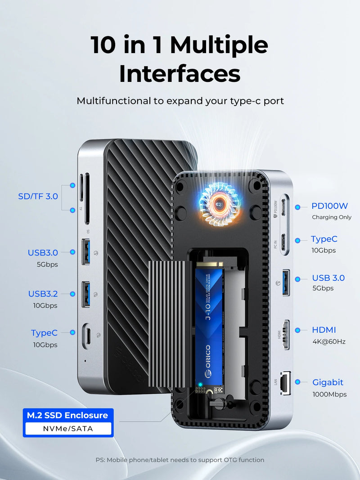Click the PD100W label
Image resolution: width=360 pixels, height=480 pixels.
(329, 206)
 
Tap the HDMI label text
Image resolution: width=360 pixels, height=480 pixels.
(324, 330)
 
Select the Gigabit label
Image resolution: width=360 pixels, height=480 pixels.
(328, 382)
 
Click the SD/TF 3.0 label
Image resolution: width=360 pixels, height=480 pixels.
(38, 196)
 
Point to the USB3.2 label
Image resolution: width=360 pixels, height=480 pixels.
(43, 294)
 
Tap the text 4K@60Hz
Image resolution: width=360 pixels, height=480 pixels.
(329, 341)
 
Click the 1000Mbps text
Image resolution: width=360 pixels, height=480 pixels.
(329, 394)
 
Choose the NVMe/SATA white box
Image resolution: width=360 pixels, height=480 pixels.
(68, 429)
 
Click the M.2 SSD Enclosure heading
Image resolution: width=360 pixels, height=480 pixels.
(67, 415)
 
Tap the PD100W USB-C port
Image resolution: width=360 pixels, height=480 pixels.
(284, 206)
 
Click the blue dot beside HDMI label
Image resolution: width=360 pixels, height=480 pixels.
(297, 330)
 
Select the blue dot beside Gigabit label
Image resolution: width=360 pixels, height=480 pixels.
(297, 382)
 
